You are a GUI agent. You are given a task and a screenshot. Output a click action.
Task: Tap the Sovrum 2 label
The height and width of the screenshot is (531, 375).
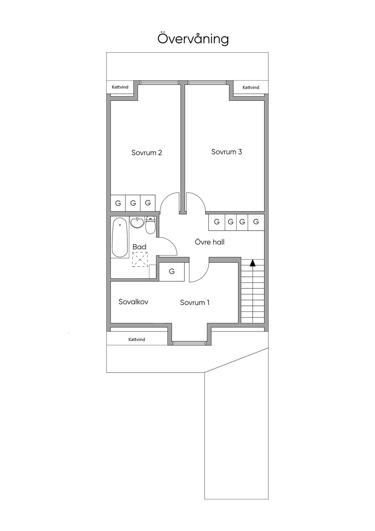point(146,153)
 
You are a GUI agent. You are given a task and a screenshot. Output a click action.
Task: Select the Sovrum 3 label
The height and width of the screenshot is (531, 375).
point(227,152)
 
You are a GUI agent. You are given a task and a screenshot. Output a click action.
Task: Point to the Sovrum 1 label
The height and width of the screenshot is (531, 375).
point(194,303)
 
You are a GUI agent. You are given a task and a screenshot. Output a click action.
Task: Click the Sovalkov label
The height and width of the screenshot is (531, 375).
point(133,302)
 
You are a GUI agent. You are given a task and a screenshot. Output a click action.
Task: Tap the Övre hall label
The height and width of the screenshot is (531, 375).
point(209,242)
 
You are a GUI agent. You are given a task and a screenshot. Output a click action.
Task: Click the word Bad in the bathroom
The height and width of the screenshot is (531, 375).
point(139,247)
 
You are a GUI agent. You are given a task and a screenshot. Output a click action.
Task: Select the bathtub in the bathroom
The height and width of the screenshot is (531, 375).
point(120,237)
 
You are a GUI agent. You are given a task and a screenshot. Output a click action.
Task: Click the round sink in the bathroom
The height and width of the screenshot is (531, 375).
point(137,222)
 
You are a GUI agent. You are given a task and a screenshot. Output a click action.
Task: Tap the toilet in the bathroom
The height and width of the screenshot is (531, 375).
point(151,225)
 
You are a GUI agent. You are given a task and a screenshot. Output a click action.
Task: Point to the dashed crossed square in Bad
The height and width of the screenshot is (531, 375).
point(140,260)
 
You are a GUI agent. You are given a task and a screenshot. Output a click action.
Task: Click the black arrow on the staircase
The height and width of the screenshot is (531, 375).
point(253,263)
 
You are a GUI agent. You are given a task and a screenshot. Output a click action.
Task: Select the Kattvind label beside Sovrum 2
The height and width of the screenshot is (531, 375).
point(120,87)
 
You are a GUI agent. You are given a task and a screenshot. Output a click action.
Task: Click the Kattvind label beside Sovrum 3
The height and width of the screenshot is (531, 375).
point(251,88)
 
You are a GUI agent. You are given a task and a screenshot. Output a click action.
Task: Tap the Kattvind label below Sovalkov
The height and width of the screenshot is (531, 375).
point(137,340)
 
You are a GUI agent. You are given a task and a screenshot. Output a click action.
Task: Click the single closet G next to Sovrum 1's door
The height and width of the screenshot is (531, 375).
point(172,271)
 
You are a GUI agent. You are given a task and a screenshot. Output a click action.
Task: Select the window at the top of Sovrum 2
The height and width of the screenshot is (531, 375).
point(159,83)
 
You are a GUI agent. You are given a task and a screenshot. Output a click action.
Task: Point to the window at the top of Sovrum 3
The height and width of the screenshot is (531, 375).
point(207,83)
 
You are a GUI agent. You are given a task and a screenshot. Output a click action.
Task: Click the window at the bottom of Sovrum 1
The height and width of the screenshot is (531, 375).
point(189,343)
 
